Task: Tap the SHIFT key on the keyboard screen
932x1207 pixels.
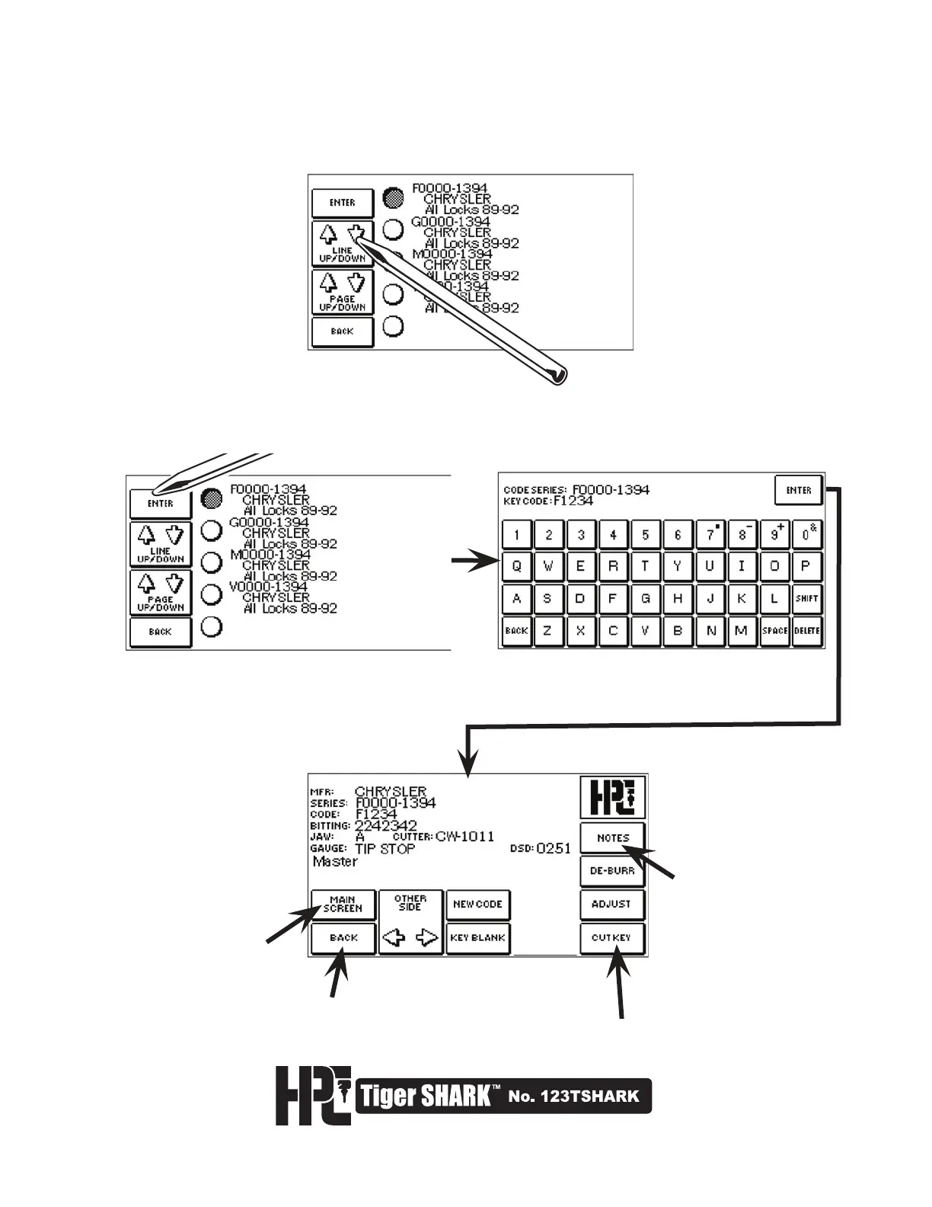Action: (806, 599)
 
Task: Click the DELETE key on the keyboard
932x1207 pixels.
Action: (806, 631)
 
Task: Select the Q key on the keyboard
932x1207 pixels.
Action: (516, 567)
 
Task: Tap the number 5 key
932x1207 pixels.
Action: (645, 535)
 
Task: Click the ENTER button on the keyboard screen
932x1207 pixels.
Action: (799, 490)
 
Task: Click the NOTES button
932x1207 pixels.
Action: (612, 837)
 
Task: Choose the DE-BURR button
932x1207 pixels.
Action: (612, 870)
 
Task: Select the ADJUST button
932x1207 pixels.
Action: (612, 904)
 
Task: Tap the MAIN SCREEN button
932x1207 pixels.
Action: (343, 904)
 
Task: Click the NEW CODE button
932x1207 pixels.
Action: (477, 904)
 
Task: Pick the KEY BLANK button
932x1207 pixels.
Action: (477, 938)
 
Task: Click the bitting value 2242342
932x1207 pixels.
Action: (386, 826)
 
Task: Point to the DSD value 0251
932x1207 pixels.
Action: (554, 848)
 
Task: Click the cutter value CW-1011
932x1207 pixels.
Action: (464, 837)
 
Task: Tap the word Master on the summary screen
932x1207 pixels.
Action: (335, 862)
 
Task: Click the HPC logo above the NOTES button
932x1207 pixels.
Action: (612, 797)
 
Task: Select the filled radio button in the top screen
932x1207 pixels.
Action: (393, 198)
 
